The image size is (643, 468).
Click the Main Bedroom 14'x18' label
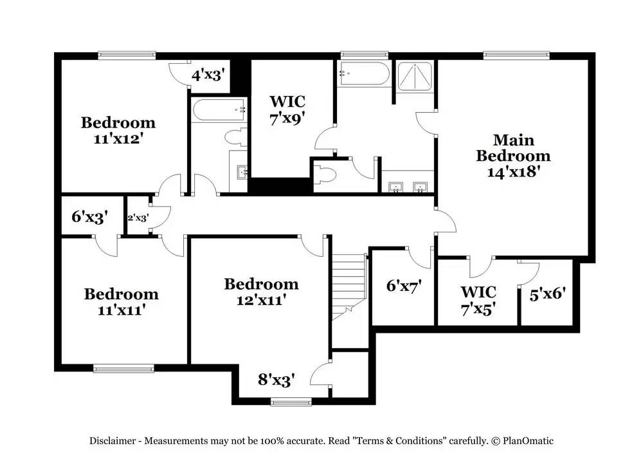(x=512, y=156)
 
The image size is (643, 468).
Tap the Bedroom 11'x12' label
(x=118, y=130)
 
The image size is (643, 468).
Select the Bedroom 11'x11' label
(x=121, y=302)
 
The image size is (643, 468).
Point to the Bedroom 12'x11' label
(x=261, y=292)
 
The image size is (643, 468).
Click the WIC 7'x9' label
(x=287, y=109)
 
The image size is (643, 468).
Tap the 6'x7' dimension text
(x=403, y=286)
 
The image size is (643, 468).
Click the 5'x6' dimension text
(x=547, y=294)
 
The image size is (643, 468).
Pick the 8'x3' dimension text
(x=276, y=380)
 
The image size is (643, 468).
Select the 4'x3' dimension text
(x=207, y=75)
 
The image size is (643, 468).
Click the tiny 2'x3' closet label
(x=138, y=218)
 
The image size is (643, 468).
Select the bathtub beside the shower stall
(x=364, y=75)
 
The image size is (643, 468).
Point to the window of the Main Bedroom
(x=517, y=55)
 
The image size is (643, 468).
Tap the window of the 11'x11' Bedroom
(x=123, y=368)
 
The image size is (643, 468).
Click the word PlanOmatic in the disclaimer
(x=528, y=441)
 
